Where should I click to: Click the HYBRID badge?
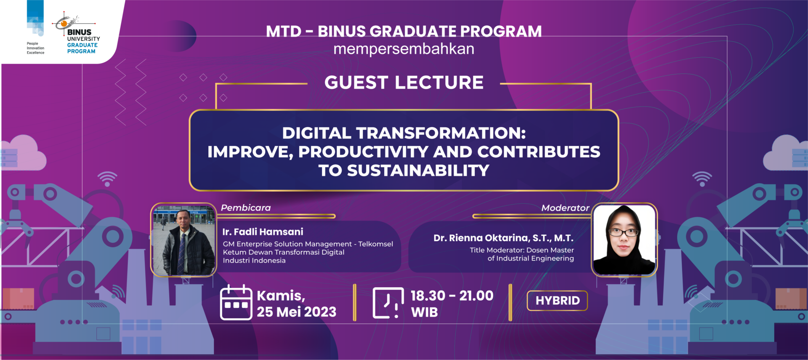point(557,301)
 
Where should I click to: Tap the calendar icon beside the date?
point(236,302)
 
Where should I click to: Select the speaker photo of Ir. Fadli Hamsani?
point(183,240)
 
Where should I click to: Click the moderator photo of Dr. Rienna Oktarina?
point(624,240)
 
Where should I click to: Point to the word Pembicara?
point(246,208)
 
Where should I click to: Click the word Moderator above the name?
point(565,208)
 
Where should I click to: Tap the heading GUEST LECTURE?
point(404,83)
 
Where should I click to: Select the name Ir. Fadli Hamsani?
point(263,232)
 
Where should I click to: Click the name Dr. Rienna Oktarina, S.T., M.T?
point(503,238)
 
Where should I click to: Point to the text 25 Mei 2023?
point(297,312)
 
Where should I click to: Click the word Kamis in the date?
point(279,296)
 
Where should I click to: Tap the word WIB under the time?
point(424,312)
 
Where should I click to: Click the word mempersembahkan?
point(404,49)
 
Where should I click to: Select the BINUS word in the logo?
point(79,32)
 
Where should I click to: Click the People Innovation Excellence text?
point(35,48)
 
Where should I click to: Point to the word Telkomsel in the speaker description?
point(375,244)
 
